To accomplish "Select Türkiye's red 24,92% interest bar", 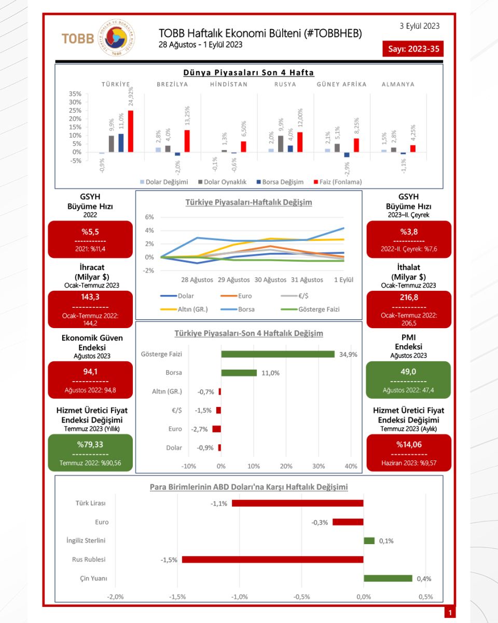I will (x=131, y=131).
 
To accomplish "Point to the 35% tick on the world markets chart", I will (x=75, y=94).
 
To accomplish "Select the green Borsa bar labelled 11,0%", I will (x=239, y=373).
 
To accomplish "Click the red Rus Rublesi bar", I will (x=272, y=560).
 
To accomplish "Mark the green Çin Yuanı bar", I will (x=388, y=578).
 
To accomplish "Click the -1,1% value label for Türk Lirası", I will (x=219, y=504).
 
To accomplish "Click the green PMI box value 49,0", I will (x=409, y=372).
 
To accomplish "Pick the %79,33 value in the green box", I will (x=90, y=444).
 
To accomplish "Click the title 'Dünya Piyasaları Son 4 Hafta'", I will (x=249, y=73).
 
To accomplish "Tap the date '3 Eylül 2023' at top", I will (x=420, y=25).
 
